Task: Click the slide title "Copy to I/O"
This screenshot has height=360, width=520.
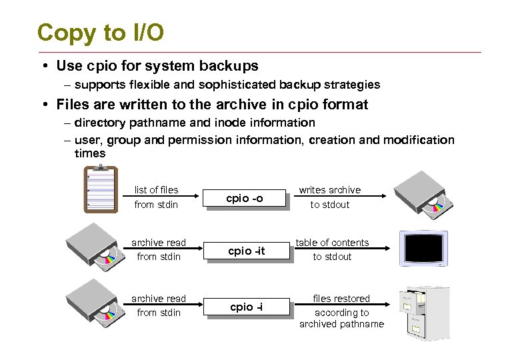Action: click(100, 32)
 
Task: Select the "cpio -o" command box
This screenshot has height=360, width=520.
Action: click(245, 198)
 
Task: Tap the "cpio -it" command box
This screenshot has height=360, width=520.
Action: click(246, 251)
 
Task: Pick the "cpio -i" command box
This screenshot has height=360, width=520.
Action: click(246, 307)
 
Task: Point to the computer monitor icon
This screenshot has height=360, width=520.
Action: click(423, 249)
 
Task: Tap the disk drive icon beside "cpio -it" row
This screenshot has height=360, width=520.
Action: click(93, 245)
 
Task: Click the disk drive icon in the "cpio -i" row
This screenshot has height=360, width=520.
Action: click(93, 301)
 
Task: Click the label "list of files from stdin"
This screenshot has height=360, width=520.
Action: click(156, 197)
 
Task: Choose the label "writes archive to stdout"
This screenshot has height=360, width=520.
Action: click(329, 197)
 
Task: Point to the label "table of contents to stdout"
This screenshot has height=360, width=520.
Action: click(332, 249)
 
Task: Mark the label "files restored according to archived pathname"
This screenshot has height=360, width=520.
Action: click(341, 311)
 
